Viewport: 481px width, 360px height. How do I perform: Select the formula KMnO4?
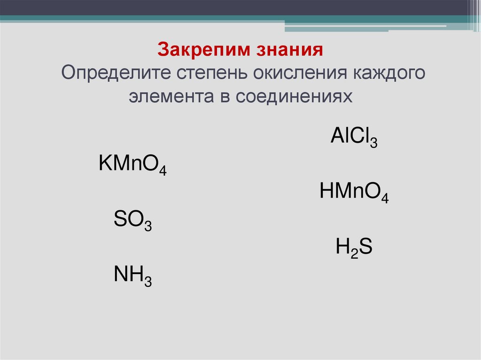(x=133, y=166)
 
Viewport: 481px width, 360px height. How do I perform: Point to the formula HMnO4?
(x=354, y=193)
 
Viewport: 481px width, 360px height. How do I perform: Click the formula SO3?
(x=132, y=221)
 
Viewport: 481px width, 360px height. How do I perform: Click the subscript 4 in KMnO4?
(x=163, y=171)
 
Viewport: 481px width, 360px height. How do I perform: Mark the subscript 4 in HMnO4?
(x=384, y=198)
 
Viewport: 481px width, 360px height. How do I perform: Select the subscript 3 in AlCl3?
(x=374, y=143)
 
